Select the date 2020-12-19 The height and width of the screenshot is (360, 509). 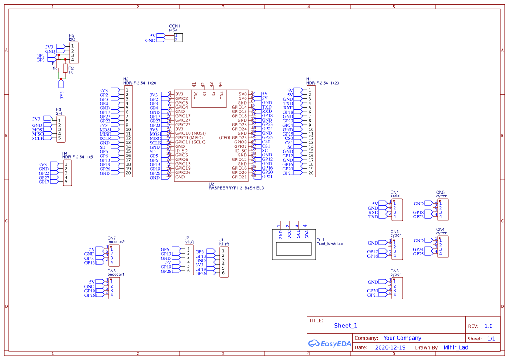[x=390, y=348]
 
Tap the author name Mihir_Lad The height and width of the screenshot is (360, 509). [x=456, y=348]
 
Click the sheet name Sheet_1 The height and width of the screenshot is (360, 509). [x=345, y=326]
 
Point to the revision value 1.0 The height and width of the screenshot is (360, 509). [x=489, y=326]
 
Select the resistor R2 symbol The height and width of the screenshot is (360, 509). [x=65, y=68]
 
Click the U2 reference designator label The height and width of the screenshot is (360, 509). [x=211, y=184]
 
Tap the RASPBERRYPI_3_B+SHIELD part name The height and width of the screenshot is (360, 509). [x=236, y=188]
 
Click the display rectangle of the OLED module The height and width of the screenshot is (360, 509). [x=293, y=249]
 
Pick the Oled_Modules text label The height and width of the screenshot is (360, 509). [x=329, y=244]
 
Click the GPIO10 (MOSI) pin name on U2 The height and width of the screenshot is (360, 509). [x=190, y=133]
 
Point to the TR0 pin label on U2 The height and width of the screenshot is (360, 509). [x=196, y=94]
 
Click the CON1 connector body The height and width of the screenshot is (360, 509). [x=179, y=37]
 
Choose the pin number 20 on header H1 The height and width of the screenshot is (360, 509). [x=311, y=173]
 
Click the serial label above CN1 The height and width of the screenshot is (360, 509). [x=395, y=196]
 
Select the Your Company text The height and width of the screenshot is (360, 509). [x=402, y=338]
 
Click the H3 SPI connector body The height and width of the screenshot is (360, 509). [x=61, y=129]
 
